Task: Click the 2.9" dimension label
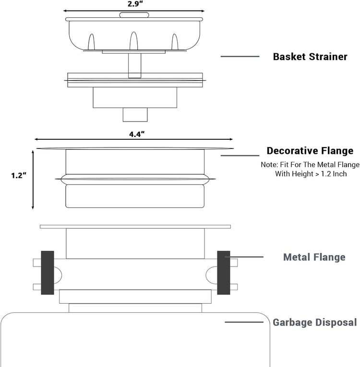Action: [135, 4]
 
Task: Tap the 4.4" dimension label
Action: [137, 134]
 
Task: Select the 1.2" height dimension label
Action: [19, 175]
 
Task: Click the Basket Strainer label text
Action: [310, 57]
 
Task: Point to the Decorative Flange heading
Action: [310, 151]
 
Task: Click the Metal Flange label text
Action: [314, 257]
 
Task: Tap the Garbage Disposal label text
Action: [315, 322]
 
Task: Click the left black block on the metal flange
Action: [48, 273]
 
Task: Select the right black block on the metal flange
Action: [224, 273]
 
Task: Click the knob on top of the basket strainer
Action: [134, 15]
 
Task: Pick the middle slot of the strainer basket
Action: [134, 41]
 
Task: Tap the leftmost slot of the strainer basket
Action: [91, 42]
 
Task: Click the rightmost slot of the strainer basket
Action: [175, 42]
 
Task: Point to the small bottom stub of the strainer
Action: [135, 115]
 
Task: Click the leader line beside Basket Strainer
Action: [240, 56]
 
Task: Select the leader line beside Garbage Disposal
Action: [244, 322]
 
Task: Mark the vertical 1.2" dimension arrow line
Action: [33, 180]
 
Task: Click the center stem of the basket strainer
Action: [135, 65]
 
